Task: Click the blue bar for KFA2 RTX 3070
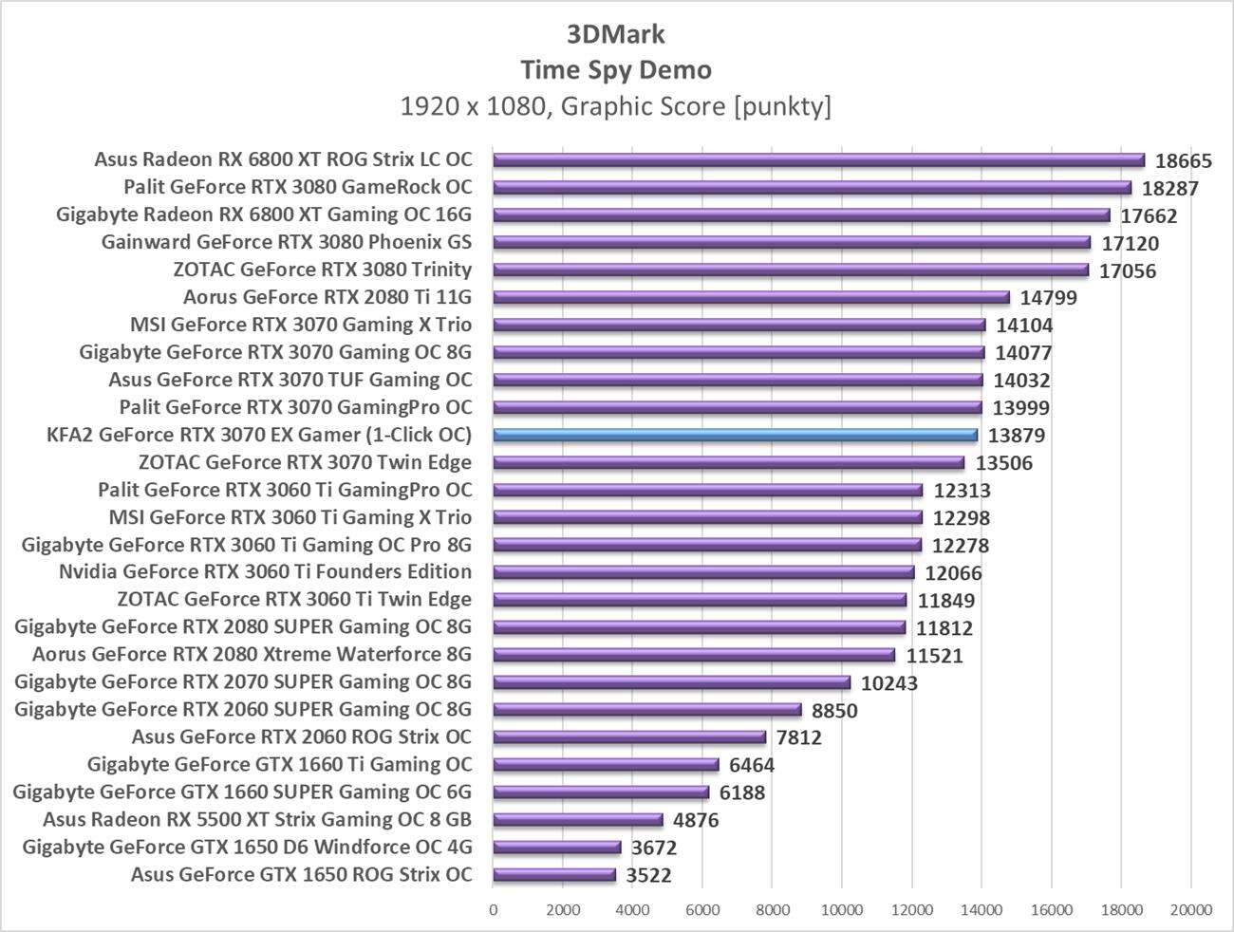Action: (735, 436)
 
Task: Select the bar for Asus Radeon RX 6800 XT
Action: (818, 160)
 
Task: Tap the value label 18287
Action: (1170, 188)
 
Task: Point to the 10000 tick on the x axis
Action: (841, 910)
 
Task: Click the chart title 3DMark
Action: (616, 34)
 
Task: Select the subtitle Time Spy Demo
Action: (616, 69)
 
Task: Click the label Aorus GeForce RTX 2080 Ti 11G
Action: (327, 297)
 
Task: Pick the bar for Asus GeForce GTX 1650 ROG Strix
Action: (554, 875)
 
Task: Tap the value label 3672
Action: (654, 848)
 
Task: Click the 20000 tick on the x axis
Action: (1190, 910)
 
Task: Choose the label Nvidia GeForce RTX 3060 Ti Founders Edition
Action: (265, 571)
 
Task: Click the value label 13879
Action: (1016, 436)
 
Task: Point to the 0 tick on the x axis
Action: (494, 910)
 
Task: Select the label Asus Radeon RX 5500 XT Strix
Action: (257, 819)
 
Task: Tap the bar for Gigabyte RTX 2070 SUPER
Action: (672, 682)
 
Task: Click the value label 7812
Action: (798, 737)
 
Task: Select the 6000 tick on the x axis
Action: (702, 910)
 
